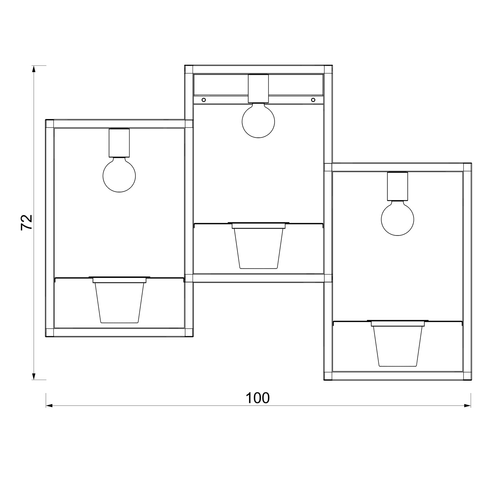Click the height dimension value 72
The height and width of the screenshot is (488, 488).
point(27,222)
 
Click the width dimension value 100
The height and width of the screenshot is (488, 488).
point(258,398)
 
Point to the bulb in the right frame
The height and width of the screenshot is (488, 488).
point(398,218)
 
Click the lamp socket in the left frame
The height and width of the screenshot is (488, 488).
point(119,143)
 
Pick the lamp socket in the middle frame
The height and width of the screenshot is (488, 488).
point(258,88)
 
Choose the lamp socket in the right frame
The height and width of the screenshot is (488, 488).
point(398,186)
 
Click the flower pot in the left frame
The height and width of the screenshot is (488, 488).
point(119,300)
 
